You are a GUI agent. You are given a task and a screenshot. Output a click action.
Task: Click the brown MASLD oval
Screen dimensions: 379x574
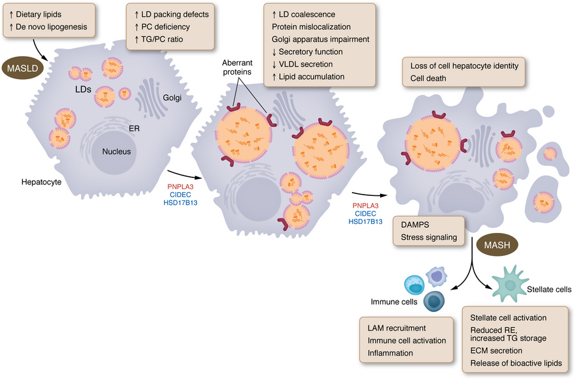pyautogui.click(x=22, y=66)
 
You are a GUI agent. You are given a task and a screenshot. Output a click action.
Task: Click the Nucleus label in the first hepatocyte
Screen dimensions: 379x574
pyautogui.click(x=117, y=151)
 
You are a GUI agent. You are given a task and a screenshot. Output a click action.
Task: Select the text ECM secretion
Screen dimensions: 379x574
pyautogui.click(x=496, y=350)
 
